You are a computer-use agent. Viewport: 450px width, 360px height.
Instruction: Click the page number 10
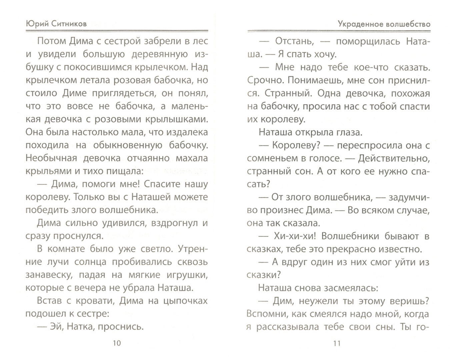117,343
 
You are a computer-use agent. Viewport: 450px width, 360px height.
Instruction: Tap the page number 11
337,343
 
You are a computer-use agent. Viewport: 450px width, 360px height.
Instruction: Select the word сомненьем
270,158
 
